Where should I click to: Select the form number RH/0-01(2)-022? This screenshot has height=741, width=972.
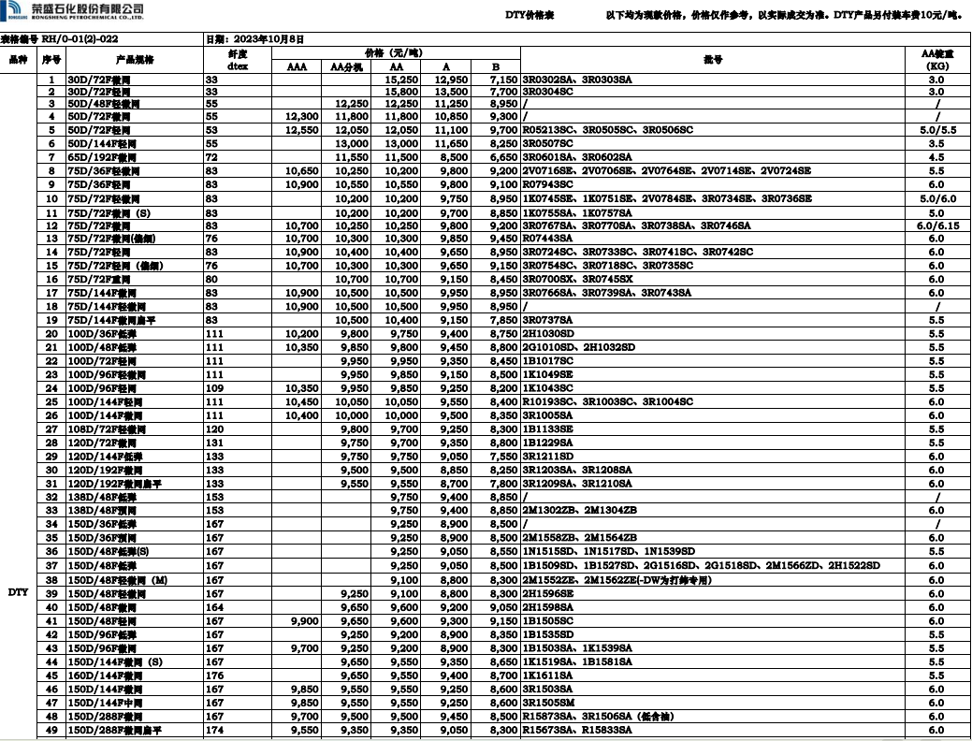[x=80, y=39]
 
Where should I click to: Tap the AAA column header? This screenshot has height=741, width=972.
[x=297, y=67]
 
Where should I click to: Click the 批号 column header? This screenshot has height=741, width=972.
[x=713, y=60]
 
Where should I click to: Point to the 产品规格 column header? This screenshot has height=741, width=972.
[x=135, y=60]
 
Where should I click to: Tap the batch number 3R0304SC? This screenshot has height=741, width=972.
[x=551, y=92]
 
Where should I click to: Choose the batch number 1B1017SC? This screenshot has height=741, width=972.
[x=549, y=361]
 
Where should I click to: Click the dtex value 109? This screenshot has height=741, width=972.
[x=214, y=387]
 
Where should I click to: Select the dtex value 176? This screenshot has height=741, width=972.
[x=214, y=676]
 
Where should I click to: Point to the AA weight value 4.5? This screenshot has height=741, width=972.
[x=936, y=157]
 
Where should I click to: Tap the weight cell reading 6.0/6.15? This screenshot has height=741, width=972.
[x=936, y=225]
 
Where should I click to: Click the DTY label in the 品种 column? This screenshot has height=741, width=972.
[x=19, y=592]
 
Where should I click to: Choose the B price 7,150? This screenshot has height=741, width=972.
[x=502, y=80]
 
